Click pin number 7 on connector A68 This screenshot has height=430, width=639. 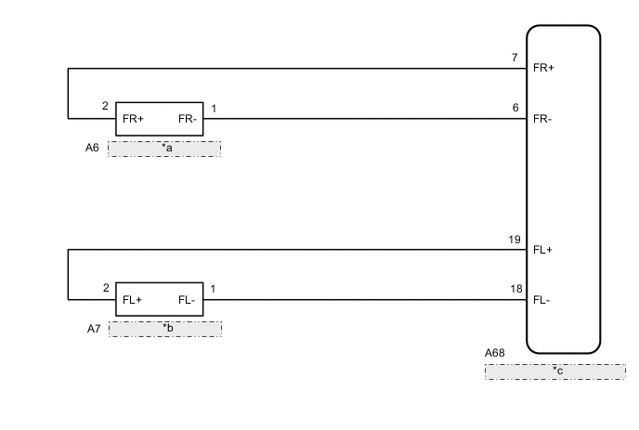click(x=515, y=58)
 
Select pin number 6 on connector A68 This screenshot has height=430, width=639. click(x=515, y=108)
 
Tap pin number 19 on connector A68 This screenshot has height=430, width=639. click(x=514, y=240)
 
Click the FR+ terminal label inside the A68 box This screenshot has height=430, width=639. click(x=543, y=68)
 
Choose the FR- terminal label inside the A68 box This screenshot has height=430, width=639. click(x=543, y=119)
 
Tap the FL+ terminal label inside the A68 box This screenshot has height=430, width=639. click(x=543, y=250)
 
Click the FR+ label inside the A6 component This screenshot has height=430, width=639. click(x=134, y=119)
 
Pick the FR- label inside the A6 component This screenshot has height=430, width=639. click(x=187, y=119)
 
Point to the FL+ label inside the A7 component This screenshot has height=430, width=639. click(x=133, y=300)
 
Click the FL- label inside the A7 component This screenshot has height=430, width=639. click(x=187, y=300)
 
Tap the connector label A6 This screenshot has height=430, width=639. click(x=93, y=147)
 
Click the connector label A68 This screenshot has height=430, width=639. click(x=496, y=353)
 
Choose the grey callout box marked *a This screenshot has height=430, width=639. click(x=164, y=149)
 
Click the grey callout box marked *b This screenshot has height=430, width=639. click(x=165, y=329)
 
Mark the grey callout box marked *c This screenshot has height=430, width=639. click(x=554, y=371)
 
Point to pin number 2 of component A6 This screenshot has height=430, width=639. click(x=106, y=107)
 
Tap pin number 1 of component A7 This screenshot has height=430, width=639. click(x=214, y=289)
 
